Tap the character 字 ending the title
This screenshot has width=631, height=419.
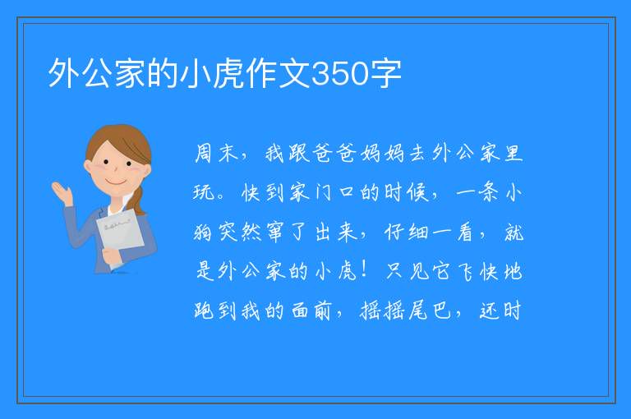tap(386, 74)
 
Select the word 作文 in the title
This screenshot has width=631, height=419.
tap(279, 74)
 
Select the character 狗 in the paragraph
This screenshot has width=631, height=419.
tap(203, 232)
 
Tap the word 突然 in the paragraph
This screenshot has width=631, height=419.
tap(240, 232)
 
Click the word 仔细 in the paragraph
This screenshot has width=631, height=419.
tap(407, 232)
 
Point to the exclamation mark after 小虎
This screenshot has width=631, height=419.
tap(364, 270)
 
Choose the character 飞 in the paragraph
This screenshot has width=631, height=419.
tap(466, 271)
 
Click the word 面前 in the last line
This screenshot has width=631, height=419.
tap(311, 311)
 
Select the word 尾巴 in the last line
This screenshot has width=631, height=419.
tap(431, 311)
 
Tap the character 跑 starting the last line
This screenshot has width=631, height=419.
tap(203, 311)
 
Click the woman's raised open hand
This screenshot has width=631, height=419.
tap(62, 192)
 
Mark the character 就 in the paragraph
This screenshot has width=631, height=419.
tap(514, 232)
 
